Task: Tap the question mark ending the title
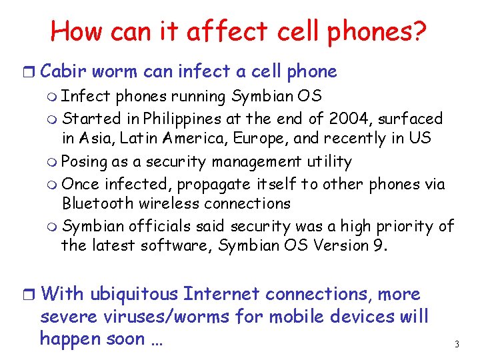420,31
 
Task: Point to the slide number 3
457,345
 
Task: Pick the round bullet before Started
53,119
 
